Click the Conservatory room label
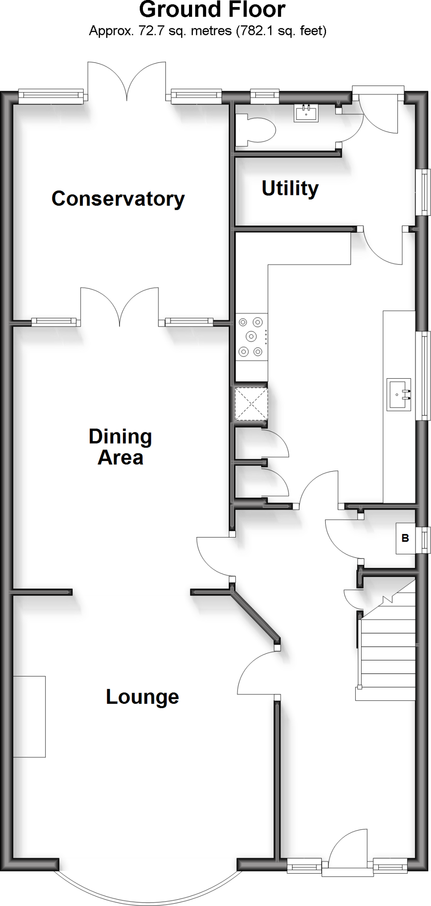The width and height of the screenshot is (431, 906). pos(118,199)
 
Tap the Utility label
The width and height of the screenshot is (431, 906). pos(290,188)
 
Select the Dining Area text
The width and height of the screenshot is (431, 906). pos(120,447)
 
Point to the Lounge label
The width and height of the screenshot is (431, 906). pos(142,697)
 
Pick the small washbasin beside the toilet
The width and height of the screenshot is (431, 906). pos(306,113)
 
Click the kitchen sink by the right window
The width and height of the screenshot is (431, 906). pos(399,394)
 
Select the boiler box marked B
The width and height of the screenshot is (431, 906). pos(405,538)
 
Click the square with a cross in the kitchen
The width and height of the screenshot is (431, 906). pos(251,403)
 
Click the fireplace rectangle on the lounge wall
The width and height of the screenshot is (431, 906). pos(29,716)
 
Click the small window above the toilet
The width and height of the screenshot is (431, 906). pos(265,95)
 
